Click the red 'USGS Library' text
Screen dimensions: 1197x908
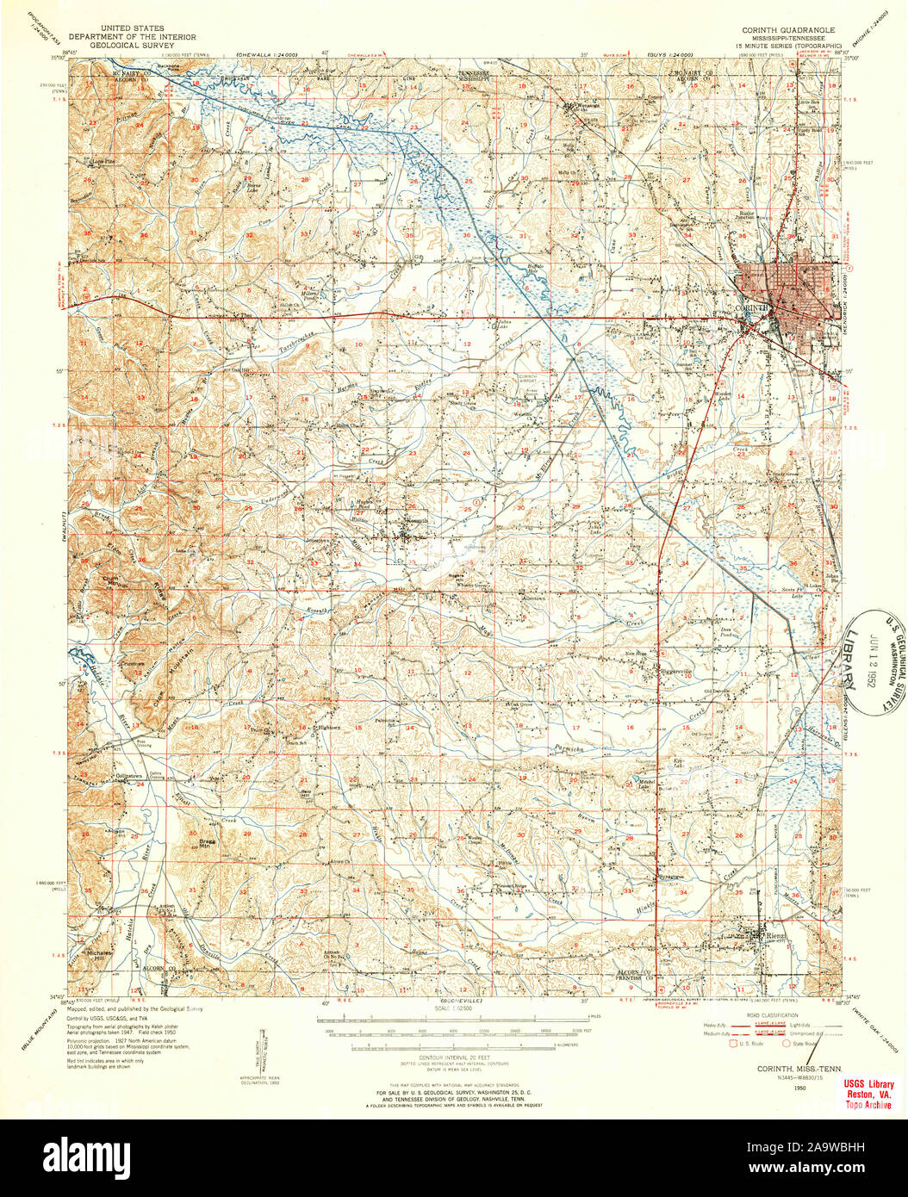(x=868, y=1083)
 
